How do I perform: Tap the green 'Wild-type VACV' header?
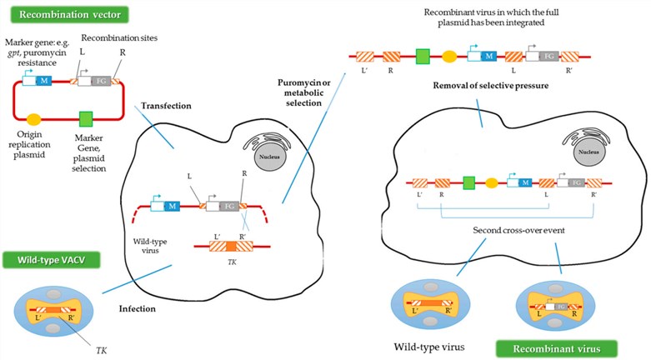50,261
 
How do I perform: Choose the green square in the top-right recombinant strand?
423,57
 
